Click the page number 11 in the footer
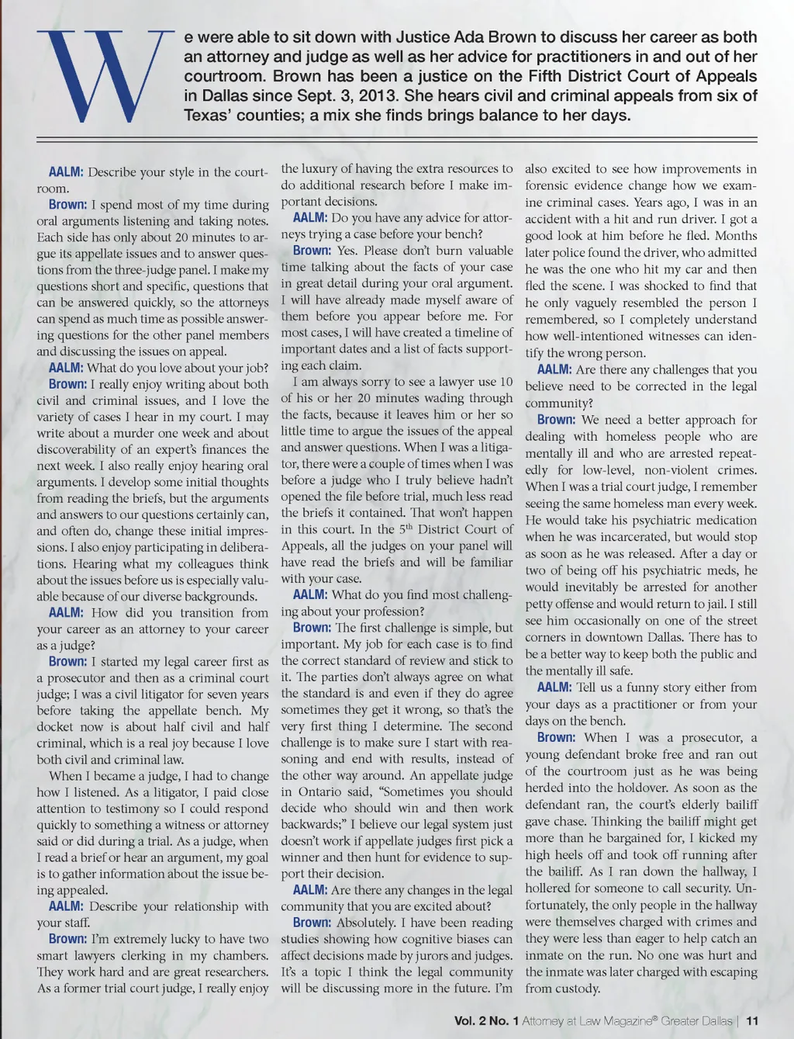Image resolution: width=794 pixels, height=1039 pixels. coord(752,1020)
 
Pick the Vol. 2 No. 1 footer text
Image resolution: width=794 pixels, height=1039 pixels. coord(486,1020)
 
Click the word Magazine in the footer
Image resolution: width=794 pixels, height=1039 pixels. coord(623,1020)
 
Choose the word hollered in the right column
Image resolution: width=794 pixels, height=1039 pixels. coord(551,888)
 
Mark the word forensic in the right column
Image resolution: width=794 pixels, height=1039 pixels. coord(551,185)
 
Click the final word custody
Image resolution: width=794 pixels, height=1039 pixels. coord(577,989)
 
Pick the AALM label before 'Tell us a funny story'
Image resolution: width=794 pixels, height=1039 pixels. coord(554,687)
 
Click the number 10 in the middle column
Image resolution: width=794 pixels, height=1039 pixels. coord(505,381)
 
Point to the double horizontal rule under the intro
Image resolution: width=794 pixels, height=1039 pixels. coord(397,140)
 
